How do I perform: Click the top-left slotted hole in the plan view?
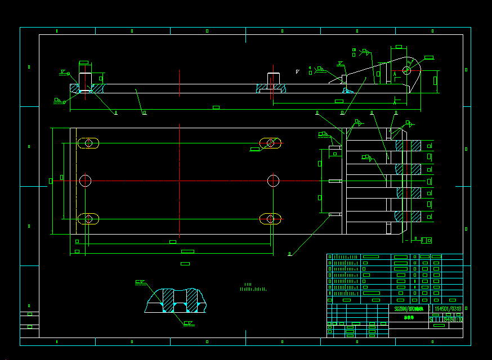click(x=88, y=143)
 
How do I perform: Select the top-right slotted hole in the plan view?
click(x=270, y=143)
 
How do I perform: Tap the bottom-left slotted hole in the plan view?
click(x=88, y=219)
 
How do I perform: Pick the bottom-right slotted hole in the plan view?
click(x=270, y=219)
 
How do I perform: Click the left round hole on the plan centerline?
click(x=85, y=181)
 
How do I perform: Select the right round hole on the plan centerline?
click(x=273, y=181)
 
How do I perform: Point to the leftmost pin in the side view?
click(x=85, y=82)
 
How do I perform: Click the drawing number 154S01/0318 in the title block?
click(x=448, y=309)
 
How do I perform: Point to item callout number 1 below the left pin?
click(x=116, y=113)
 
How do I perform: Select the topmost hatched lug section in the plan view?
click(x=409, y=146)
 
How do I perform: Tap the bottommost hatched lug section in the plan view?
click(x=409, y=217)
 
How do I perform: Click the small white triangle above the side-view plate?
click(x=297, y=71)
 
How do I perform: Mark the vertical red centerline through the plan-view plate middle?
click(x=179, y=180)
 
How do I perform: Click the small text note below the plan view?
click(x=253, y=288)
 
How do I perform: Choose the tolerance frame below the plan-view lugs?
click(x=426, y=240)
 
